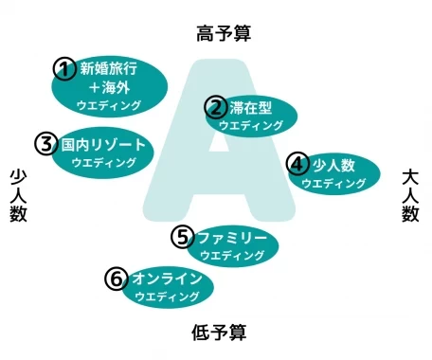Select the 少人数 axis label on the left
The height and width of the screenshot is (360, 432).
(x=18, y=195)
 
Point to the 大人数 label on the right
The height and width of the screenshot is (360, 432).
(x=410, y=195)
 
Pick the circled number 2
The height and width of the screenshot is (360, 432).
(x=216, y=107)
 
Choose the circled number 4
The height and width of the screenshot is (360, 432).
(x=298, y=163)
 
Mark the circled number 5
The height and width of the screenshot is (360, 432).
(x=183, y=236)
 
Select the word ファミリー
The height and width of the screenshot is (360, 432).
(x=232, y=236)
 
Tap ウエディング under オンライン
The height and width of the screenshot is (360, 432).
(x=167, y=297)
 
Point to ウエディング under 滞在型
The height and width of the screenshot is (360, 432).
(x=250, y=125)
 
